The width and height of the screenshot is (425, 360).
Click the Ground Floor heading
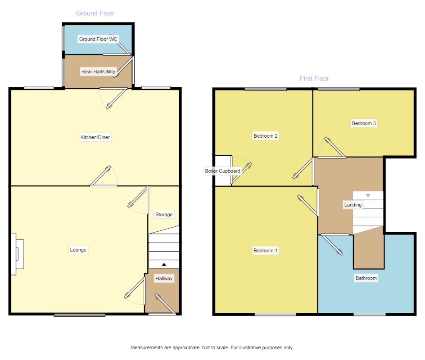[95, 13]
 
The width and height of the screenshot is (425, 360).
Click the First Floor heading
[314, 79]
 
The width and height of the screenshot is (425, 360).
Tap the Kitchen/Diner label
[95, 137]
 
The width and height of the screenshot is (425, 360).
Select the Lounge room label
[78, 250]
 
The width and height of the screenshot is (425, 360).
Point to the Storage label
[164, 214]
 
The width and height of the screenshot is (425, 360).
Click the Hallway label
[164, 278]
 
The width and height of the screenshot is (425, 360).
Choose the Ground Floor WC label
[98, 39]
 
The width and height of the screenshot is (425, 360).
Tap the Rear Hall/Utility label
[98, 72]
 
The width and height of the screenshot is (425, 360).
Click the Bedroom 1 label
[265, 250]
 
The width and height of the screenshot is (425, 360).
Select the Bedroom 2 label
[266, 136]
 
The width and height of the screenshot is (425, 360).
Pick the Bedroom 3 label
[364, 123]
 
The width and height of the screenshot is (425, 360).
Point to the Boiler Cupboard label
[222, 171]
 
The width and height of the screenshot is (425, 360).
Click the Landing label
[353, 205]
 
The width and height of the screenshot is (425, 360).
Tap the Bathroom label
[366, 278]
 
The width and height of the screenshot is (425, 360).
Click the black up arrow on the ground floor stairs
[164, 265]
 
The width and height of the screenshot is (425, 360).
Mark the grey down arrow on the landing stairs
[368, 195]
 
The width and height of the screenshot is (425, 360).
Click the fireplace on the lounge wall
[18, 254]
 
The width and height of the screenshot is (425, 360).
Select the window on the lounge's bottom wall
[79, 315]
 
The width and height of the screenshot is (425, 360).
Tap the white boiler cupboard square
[223, 171]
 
